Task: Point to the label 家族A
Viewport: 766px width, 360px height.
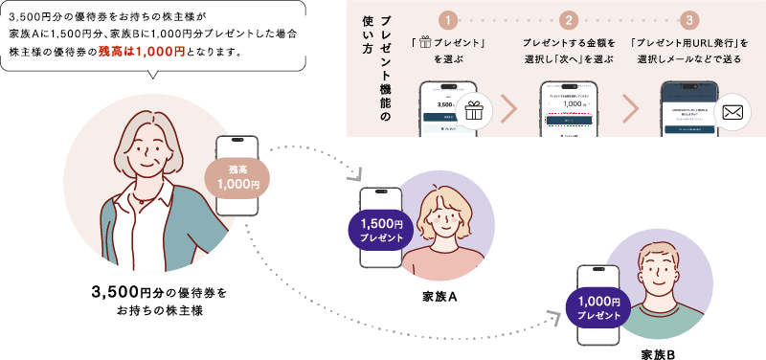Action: coord(439,296)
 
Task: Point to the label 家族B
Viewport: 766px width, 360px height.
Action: coord(658,353)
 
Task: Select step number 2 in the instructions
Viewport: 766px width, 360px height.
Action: coord(568,19)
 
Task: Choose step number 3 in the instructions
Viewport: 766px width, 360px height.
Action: coord(688,19)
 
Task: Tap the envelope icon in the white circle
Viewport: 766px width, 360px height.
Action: coord(734,114)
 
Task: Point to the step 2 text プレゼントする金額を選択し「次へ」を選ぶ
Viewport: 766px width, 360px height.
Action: coord(568,51)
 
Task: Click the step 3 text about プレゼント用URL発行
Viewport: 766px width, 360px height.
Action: coord(689,51)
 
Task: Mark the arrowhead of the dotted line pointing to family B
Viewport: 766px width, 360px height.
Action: coord(555,315)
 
